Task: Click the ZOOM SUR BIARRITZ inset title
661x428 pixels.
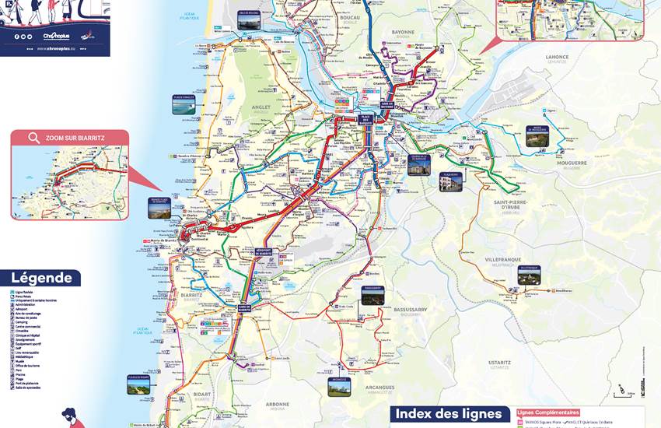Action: click(77, 138)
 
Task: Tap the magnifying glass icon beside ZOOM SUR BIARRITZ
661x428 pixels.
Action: click(33, 138)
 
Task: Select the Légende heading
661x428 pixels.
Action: click(42, 278)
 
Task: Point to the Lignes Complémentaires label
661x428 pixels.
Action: click(549, 412)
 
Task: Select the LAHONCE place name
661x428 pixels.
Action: click(557, 57)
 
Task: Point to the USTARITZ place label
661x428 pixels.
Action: click(499, 362)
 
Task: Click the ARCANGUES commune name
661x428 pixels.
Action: click(379, 387)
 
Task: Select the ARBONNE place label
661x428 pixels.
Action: click(277, 403)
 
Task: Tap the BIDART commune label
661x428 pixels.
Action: click(201, 395)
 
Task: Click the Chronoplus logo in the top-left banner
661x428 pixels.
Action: click(56, 35)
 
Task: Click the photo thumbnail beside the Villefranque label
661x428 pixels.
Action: click(529, 275)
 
